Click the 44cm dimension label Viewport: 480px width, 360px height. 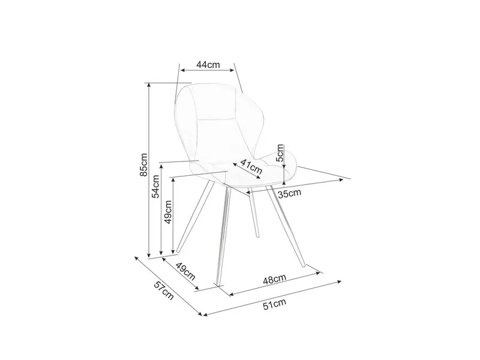[208, 65]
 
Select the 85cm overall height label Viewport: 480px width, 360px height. [143, 164]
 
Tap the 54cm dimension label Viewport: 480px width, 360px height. [156, 186]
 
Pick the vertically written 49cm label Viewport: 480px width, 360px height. [169, 212]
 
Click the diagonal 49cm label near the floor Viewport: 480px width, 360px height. [185, 271]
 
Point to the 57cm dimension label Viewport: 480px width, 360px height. [164, 290]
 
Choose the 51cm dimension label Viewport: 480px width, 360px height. [274, 304]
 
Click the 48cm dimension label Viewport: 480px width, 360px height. [274, 279]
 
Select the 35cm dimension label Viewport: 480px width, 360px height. [290, 193]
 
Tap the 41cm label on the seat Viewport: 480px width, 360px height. [251, 166]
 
